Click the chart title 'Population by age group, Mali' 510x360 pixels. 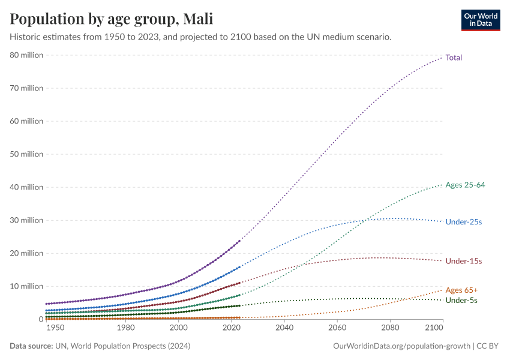coord(111,19)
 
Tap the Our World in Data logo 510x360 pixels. coord(480,20)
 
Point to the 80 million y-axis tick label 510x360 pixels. coord(26,55)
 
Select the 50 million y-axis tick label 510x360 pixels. coord(26,154)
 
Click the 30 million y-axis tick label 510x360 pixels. coord(26,220)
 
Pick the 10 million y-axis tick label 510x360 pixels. coord(26,286)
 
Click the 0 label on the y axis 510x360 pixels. coord(40,319)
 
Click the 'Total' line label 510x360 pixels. coord(454,58)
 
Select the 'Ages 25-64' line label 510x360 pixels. coord(465,185)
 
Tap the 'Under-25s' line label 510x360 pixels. coord(463,222)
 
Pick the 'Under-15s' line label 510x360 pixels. coord(463,261)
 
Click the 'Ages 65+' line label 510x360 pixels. coord(461,290)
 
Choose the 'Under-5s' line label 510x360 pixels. coord(461,300)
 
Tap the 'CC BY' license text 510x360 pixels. coord(488,346)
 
